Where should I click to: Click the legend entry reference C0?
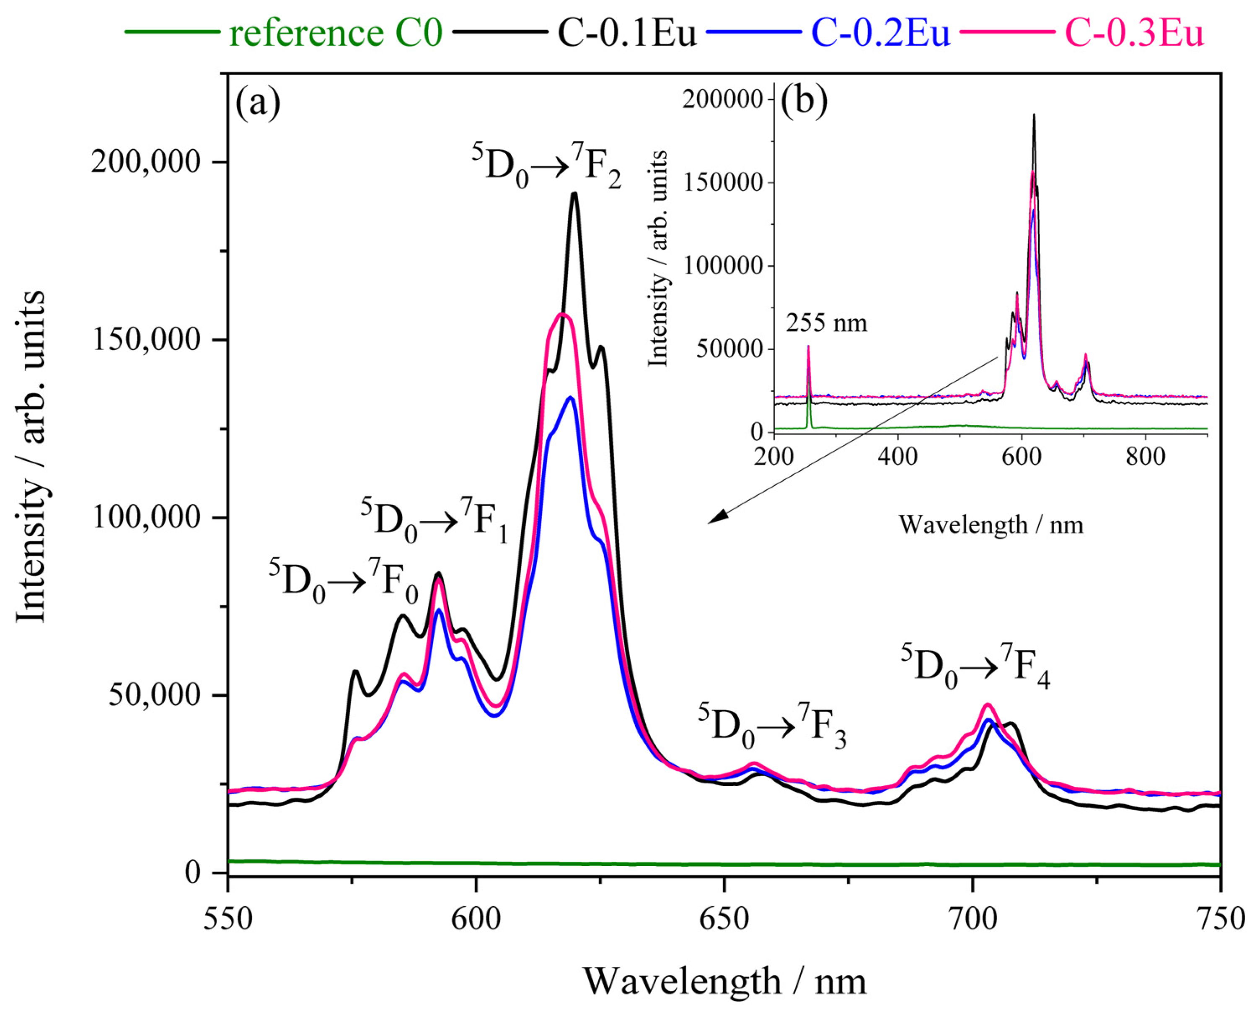click(x=335, y=33)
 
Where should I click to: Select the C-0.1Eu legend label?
click(x=627, y=33)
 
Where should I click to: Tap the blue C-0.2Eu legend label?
click(x=880, y=33)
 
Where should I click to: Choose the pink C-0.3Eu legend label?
click(x=1134, y=33)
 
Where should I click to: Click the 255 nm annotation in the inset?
click(x=826, y=322)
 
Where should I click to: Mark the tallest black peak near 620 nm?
click(x=574, y=194)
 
